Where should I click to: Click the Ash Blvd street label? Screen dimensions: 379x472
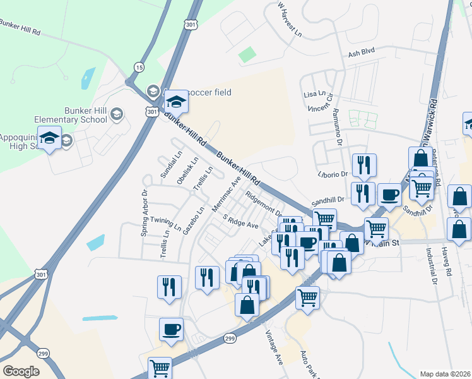[x=362, y=55]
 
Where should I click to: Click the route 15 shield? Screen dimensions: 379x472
[x=139, y=67]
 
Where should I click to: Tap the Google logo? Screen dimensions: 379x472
[x=21, y=371]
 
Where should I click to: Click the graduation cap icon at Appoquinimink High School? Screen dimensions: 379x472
[x=49, y=137]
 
